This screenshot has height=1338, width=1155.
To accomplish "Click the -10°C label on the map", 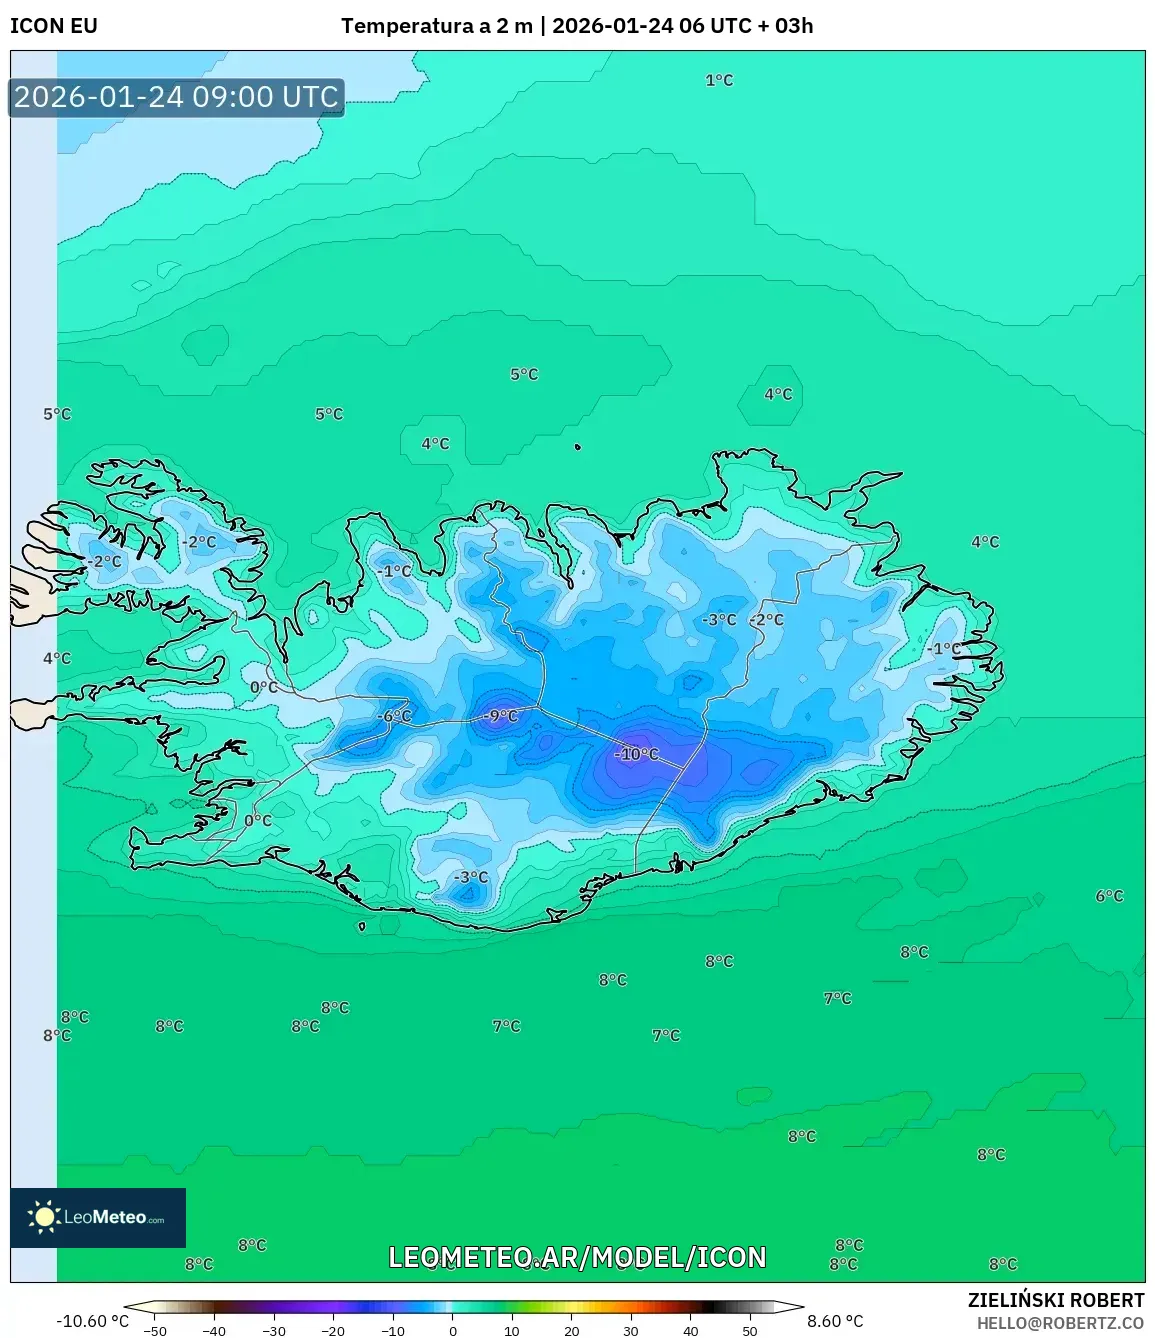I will coord(639,754).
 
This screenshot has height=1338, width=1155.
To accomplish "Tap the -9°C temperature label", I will coord(500,716).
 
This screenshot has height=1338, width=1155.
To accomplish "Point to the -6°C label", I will coord(394,716).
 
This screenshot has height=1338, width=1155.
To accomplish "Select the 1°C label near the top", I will coord(719,80).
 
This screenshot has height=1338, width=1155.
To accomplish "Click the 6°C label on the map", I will coord(1109,896).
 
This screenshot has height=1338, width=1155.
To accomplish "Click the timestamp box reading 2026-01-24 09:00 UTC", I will coord(176,97).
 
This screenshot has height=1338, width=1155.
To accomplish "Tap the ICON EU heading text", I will coord(54,26).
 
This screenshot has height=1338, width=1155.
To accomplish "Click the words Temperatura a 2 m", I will coord(436,26).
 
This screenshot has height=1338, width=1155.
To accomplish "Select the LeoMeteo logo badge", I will coord(98,1217).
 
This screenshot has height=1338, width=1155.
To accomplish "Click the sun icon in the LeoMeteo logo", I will coord(44,1217).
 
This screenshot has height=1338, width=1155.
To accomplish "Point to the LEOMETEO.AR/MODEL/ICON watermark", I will coord(577,1257).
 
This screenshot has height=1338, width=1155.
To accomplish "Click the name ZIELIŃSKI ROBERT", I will coord(1055,1300).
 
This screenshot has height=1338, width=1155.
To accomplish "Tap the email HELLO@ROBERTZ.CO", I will coord(1060,1322).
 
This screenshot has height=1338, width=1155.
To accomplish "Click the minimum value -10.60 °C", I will coord(93,1321).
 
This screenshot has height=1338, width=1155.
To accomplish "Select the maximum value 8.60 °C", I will coord(835,1321).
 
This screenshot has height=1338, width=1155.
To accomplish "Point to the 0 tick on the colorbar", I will coord(453,1331).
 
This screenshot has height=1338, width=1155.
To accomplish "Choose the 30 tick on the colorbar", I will coord(630,1331).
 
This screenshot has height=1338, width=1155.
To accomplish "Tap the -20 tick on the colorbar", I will coord(333,1331).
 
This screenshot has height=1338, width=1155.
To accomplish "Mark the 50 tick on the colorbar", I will coord(750,1331).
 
